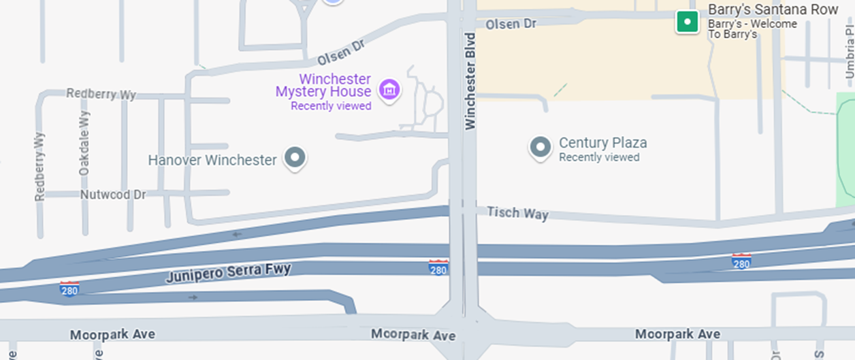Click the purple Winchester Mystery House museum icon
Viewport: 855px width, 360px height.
tap(389, 88)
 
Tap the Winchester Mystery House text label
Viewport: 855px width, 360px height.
tap(324, 85)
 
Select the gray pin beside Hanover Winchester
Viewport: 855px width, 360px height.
tap(295, 157)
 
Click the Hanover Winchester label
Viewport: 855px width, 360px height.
tap(212, 161)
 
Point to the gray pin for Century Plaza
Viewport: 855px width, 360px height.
tap(541, 146)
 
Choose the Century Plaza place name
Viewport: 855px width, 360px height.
tap(602, 143)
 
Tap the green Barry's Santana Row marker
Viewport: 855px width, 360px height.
tap(688, 22)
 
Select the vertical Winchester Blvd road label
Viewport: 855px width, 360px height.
tap(470, 80)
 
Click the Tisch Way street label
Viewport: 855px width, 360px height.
tap(517, 213)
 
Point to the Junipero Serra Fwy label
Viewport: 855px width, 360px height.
tap(229, 274)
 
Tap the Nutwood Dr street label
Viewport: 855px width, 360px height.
tap(113, 195)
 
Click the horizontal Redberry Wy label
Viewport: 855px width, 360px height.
tap(101, 94)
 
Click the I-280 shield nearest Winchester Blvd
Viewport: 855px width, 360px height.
tap(438, 267)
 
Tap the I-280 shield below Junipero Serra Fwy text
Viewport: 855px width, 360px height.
tap(69, 288)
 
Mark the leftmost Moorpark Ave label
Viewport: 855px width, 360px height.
tap(112, 335)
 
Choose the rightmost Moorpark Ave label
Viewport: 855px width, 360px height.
tap(677, 334)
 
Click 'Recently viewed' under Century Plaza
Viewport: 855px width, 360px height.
tap(599, 157)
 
